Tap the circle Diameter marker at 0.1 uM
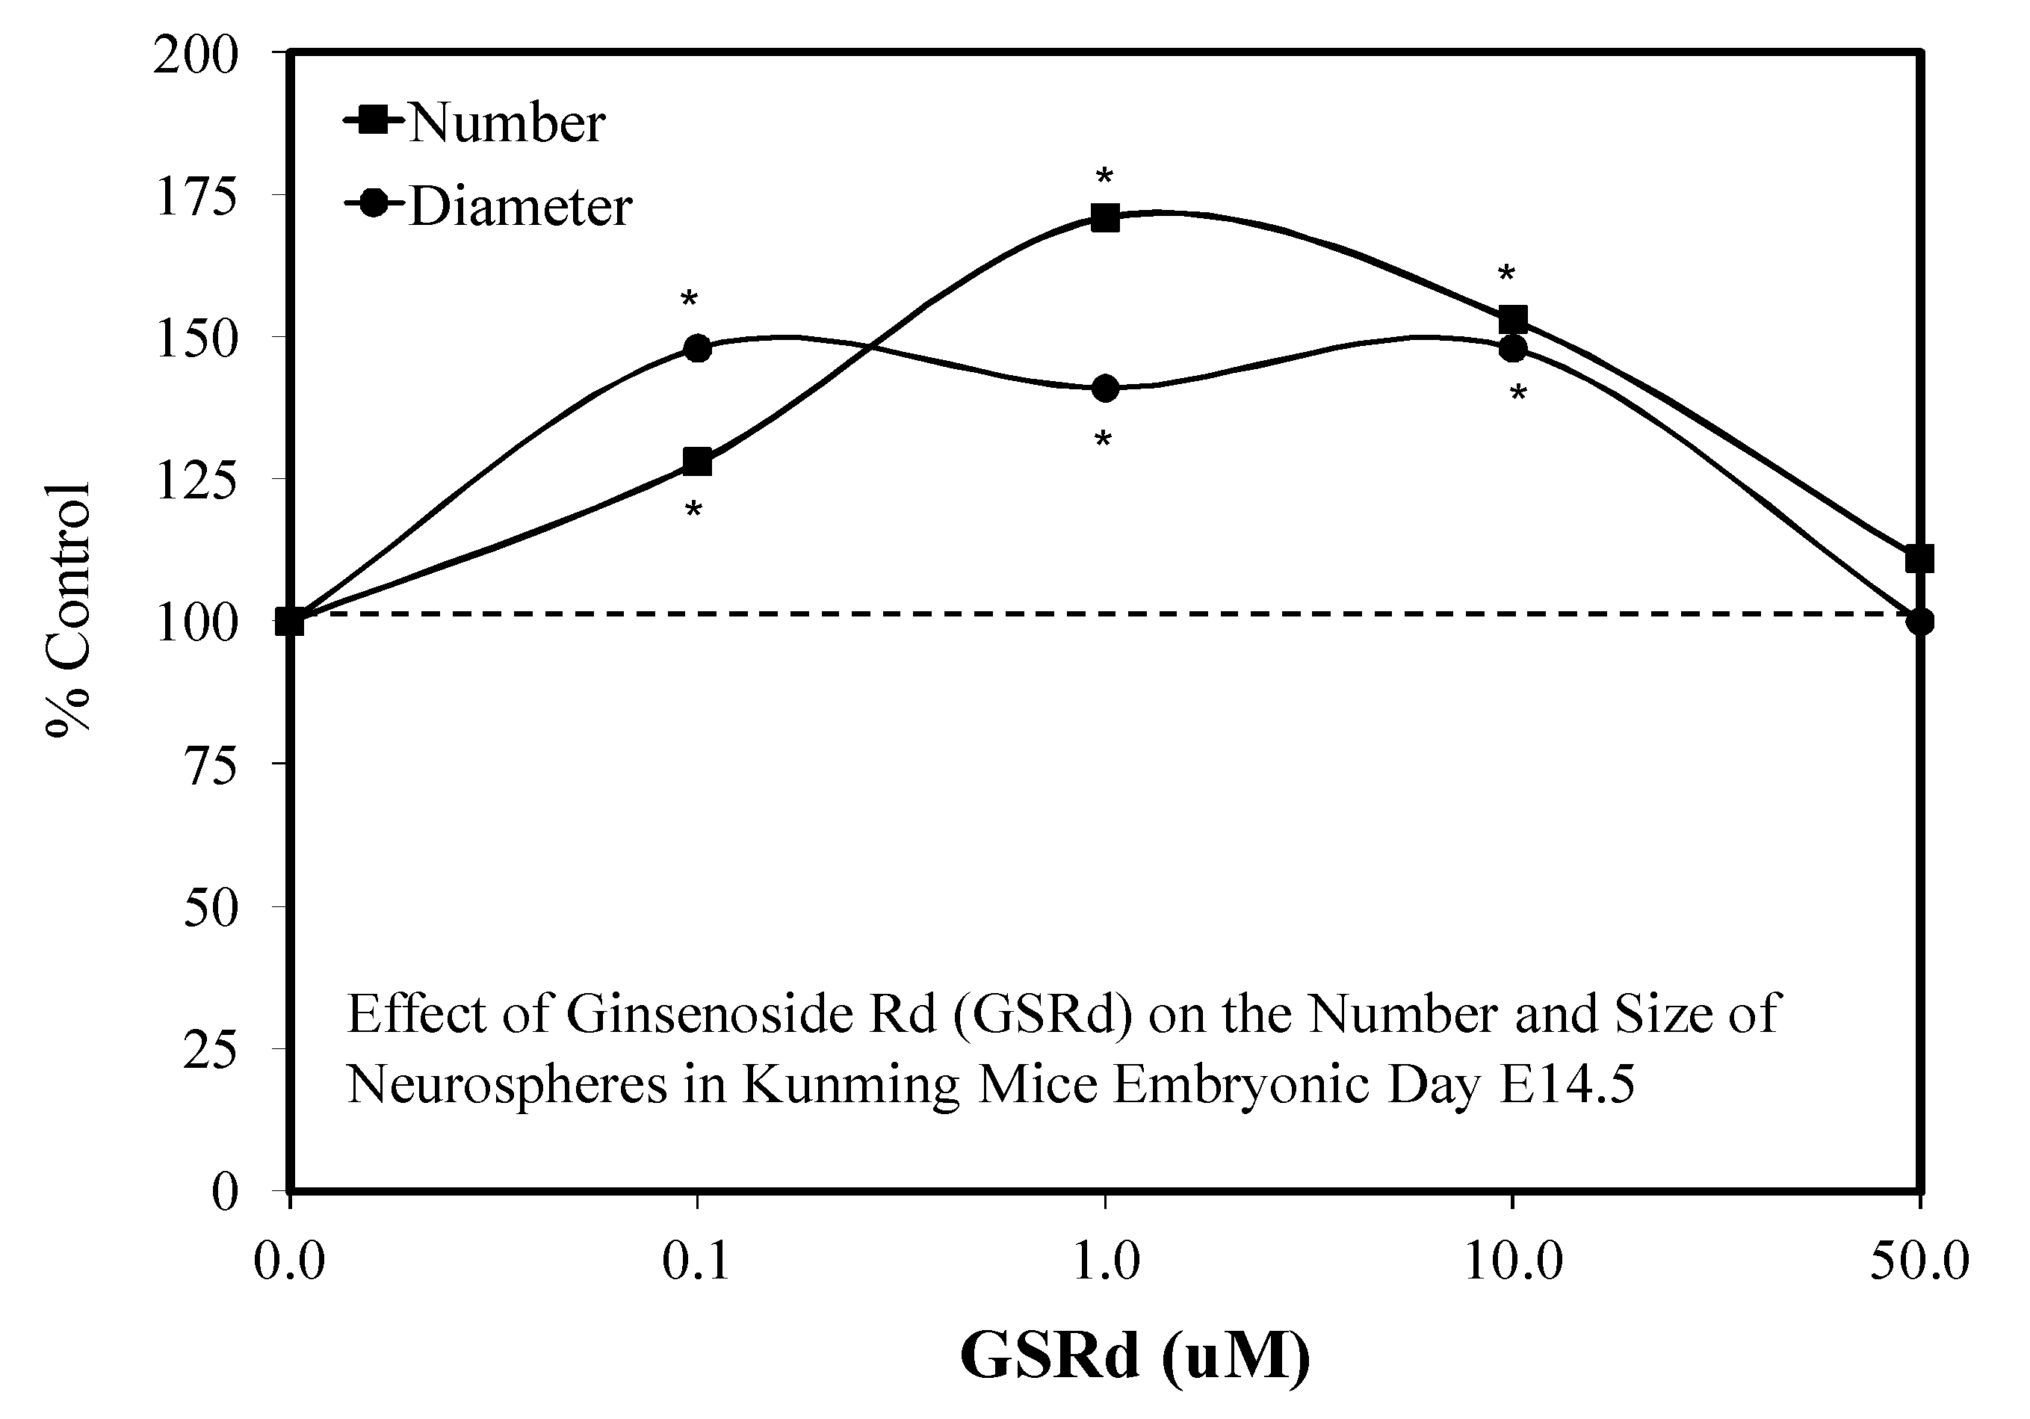tap(698, 347)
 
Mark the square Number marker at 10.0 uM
tap(1513, 319)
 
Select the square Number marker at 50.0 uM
tap(1919, 559)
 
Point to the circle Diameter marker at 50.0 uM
tap(1919, 622)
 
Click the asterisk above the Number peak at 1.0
tap(1104, 178)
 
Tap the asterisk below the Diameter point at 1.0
tap(1103, 439)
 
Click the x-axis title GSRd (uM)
tap(1135, 1355)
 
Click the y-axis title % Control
tap(69, 610)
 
